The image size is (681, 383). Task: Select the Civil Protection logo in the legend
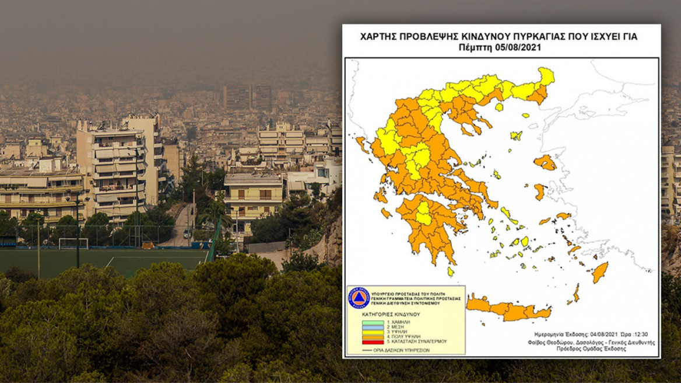(x=359, y=298)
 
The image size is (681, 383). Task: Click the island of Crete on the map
(x=507, y=309)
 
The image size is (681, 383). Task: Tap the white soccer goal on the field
(x=73, y=243)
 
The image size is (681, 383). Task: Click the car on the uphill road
(x=187, y=233)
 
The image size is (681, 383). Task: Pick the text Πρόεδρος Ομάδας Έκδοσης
(x=606, y=349)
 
